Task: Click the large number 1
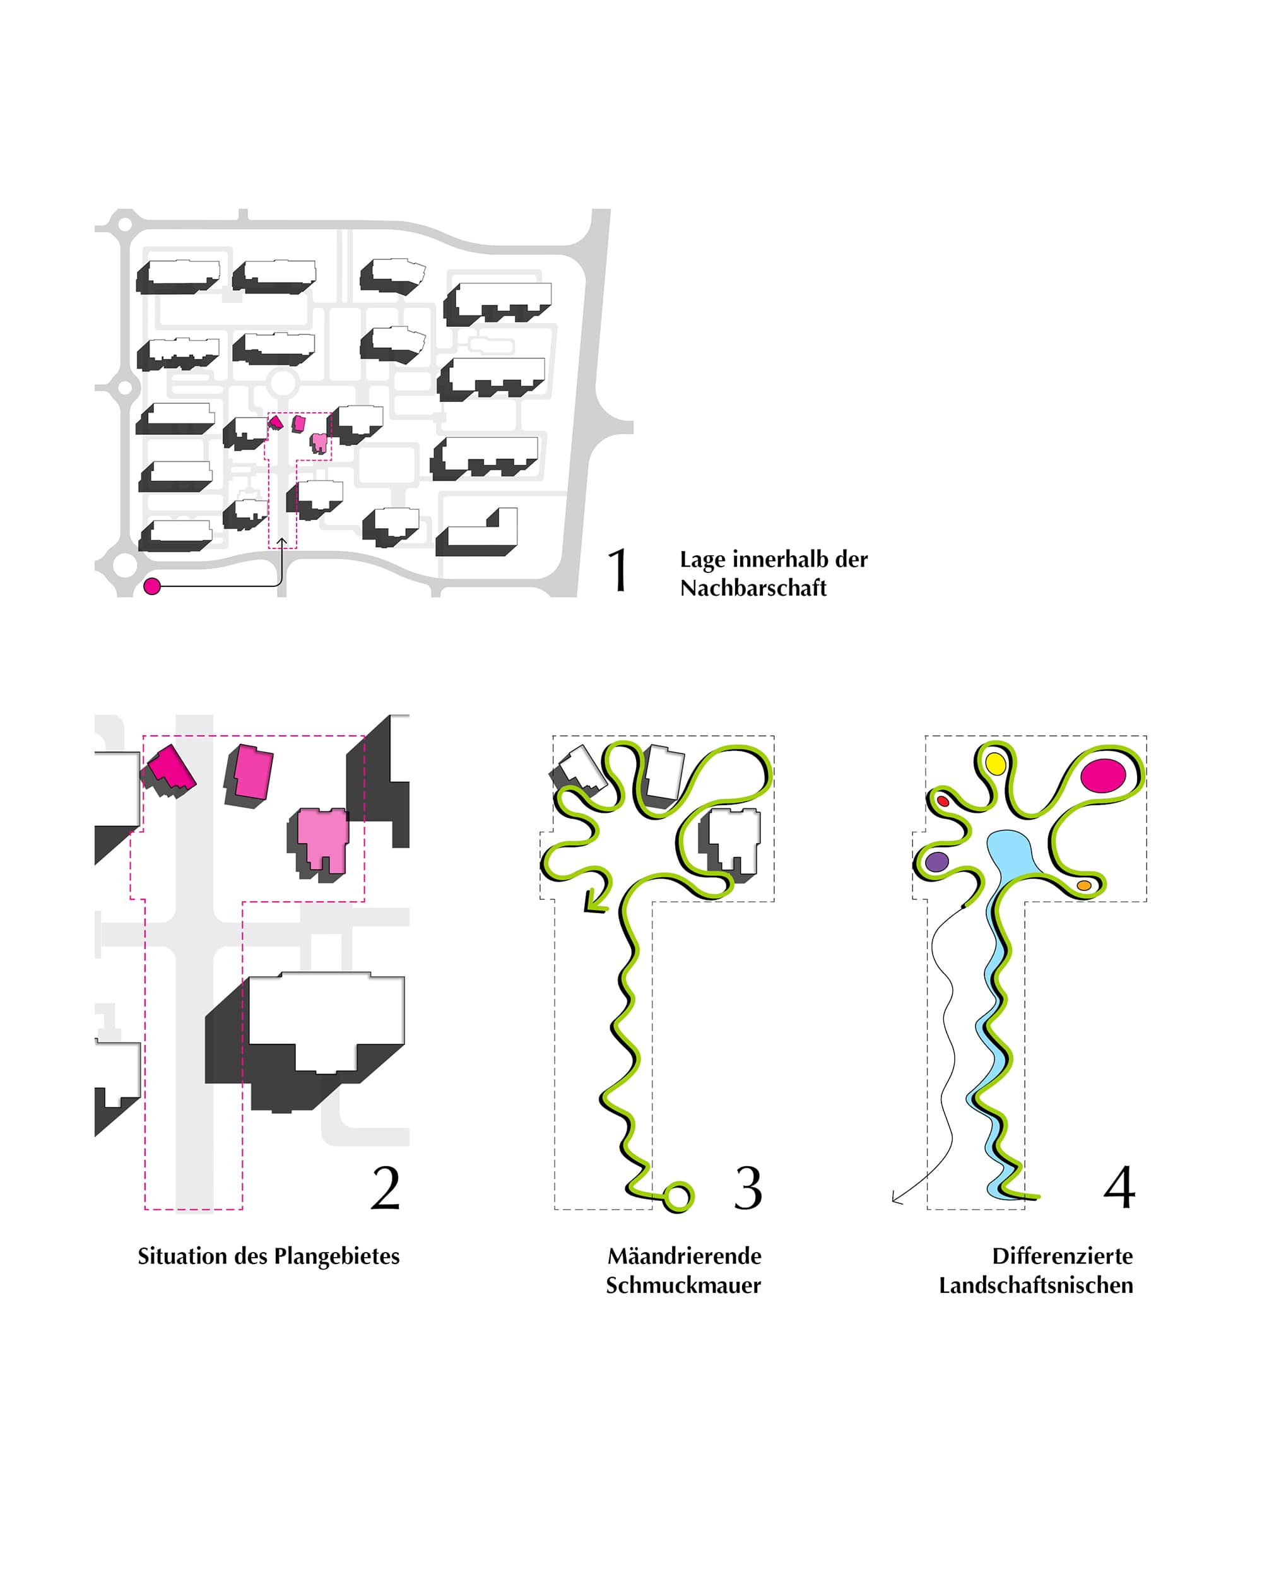click(619, 570)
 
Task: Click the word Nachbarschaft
click(753, 588)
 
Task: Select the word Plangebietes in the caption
click(336, 1256)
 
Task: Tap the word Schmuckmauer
click(683, 1285)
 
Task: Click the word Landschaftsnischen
click(1036, 1285)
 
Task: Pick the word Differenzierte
click(1062, 1256)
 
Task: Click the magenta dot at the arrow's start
click(152, 586)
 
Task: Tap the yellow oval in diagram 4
click(996, 763)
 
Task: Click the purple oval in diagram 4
click(937, 861)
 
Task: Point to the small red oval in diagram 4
click(943, 801)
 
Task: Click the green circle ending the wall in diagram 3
click(678, 1197)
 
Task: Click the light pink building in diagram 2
click(321, 841)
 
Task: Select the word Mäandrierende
click(684, 1256)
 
